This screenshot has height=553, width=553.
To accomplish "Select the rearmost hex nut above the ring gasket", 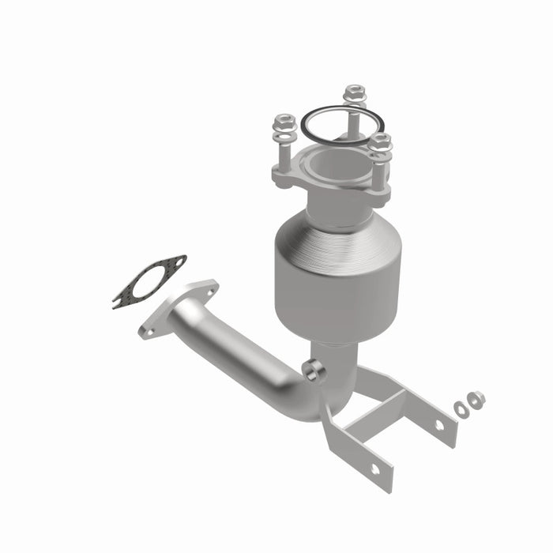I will [354, 93].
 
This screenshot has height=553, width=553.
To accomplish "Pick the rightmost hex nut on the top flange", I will [381, 143].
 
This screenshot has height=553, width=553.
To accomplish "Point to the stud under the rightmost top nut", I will [379, 170].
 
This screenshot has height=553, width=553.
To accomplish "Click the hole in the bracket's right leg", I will [438, 425].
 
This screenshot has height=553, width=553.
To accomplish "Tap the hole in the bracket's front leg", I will [374, 468].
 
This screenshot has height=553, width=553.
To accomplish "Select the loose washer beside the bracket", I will [461, 408].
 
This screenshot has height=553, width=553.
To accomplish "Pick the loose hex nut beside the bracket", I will [476, 401].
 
